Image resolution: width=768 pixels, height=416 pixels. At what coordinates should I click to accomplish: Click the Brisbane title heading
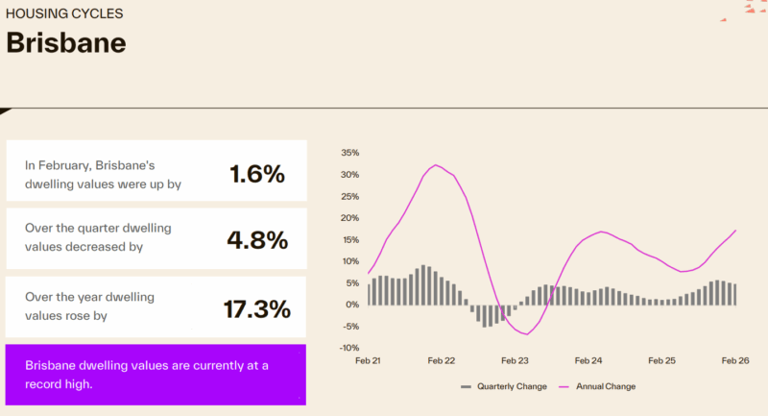[x=66, y=43]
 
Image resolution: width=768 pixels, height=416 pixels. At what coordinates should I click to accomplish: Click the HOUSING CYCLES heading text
[x=64, y=14]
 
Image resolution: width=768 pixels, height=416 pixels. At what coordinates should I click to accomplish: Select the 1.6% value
[x=257, y=174]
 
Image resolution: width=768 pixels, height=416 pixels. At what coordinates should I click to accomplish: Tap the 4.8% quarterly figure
[x=257, y=240]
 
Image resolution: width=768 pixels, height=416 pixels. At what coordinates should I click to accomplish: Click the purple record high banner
[x=156, y=374]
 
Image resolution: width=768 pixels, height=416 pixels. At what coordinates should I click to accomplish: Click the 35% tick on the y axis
[x=349, y=153]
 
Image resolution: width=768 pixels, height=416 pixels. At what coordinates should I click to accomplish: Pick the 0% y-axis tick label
[x=352, y=305]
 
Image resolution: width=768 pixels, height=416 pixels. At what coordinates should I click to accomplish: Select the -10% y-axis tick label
[x=348, y=348]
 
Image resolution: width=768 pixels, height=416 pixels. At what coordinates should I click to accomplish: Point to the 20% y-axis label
[x=349, y=218]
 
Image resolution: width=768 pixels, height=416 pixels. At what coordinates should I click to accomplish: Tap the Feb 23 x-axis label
[x=515, y=361]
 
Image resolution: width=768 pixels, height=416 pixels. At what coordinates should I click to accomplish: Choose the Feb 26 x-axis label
[x=735, y=361]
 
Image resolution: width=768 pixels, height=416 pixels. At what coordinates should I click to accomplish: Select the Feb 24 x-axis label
[x=588, y=361]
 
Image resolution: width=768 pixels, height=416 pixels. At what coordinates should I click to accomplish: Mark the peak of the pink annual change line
[x=436, y=165]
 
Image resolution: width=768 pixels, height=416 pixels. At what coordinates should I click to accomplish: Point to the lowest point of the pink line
[x=526, y=333]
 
